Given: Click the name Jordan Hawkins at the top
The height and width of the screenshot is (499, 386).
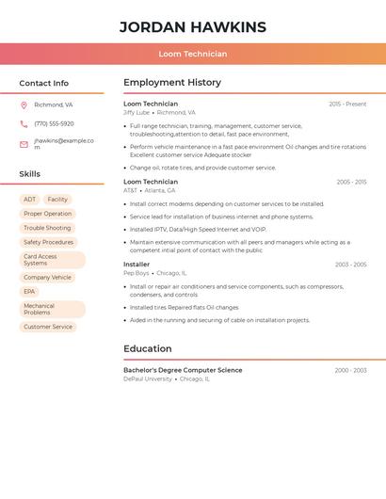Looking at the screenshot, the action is (x=193, y=27).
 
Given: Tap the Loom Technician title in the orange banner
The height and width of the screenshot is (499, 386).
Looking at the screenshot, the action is (x=193, y=55).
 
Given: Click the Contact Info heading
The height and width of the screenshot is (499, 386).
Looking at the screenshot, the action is (x=44, y=83).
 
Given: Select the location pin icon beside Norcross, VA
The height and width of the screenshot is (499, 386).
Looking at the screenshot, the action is (x=24, y=105).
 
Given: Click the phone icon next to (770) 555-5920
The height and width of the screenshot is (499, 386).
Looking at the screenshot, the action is (x=24, y=123).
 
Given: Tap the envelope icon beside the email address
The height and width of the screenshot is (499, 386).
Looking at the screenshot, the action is (x=24, y=144).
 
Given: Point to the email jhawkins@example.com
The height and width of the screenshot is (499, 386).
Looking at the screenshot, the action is (x=63, y=143).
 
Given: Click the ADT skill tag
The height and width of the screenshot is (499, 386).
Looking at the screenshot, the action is (x=30, y=200).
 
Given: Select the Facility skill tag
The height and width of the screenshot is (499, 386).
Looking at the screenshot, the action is (x=57, y=200).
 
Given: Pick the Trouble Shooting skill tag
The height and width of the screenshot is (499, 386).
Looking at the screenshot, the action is (x=47, y=228).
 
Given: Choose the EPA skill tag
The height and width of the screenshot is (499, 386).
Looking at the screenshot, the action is (x=29, y=292).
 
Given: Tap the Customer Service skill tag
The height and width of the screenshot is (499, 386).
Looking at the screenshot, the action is (x=48, y=327).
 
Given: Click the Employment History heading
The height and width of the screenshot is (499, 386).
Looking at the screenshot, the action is (x=172, y=83).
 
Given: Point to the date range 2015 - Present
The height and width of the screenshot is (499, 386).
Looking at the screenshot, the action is (x=347, y=104).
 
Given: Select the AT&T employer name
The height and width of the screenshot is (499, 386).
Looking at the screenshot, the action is (x=130, y=190).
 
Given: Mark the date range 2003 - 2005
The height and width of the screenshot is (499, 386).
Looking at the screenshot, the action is (x=350, y=265).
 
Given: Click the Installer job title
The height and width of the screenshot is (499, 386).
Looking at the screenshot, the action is (x=137, y=265).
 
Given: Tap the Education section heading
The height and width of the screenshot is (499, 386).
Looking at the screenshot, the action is (x=148, y=348).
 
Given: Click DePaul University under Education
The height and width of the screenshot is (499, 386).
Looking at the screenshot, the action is (x=148, y=378).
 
